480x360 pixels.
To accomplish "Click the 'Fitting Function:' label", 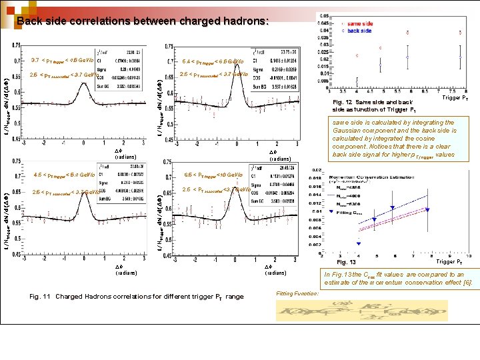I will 297,294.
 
